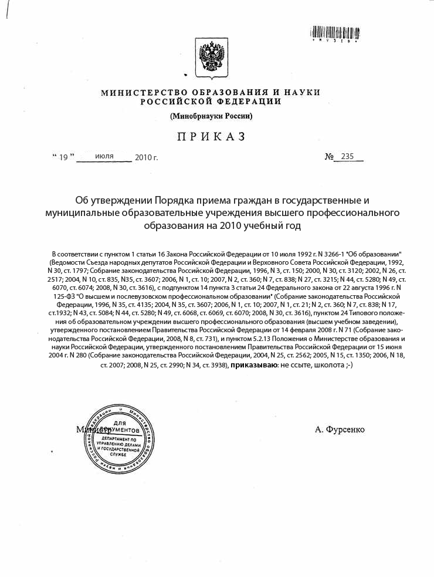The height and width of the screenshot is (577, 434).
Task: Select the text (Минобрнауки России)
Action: coord(211,116)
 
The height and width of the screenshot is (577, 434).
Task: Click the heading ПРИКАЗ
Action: coord(210,137)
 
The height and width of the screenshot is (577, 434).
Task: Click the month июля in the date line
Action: coord(104,156)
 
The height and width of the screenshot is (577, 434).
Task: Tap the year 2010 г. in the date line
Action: coord(147,157)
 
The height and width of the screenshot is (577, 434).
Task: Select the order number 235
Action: coord(348,156)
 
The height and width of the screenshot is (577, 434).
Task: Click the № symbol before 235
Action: coord(330,157)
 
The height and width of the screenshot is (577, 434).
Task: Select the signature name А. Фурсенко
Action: coord(340,430)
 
